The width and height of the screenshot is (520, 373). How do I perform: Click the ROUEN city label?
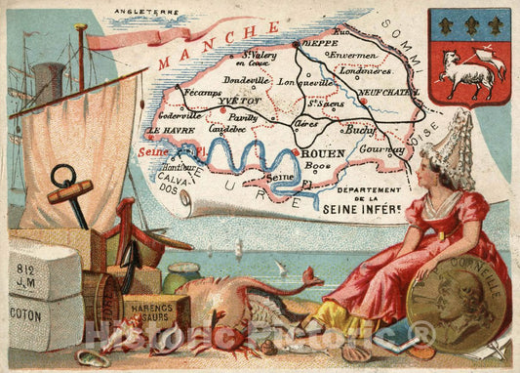tap(321, 153)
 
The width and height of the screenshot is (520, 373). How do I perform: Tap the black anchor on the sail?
tap(67, 189)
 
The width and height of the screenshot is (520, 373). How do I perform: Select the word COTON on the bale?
tap(27, 315)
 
